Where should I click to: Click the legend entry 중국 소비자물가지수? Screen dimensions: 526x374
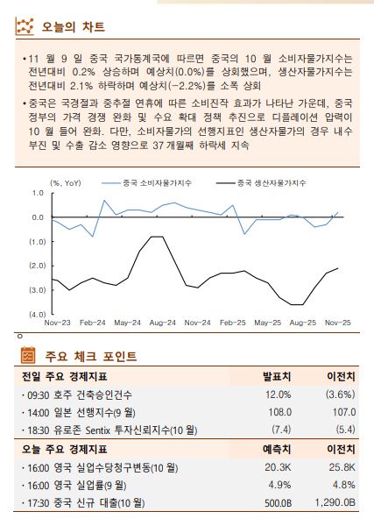tap(155, 182)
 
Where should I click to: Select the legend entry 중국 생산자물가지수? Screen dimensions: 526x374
tap(272, 182)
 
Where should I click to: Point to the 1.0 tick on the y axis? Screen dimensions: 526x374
tap(38, 193)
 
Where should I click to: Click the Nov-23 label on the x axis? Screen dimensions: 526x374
tap(58, 323)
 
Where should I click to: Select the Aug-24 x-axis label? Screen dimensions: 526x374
tap(162, 323)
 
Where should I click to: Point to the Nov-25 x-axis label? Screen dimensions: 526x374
tap(336, 323)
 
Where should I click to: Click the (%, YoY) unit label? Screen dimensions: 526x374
tap(67, 182)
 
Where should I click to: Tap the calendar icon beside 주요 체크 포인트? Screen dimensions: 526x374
tap(26, 356)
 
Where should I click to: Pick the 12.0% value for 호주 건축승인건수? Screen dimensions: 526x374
tap(278, 394)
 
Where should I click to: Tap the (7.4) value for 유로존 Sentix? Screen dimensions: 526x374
tap(279, 430)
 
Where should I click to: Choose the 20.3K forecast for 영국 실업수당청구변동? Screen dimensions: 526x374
tap(278, 467)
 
